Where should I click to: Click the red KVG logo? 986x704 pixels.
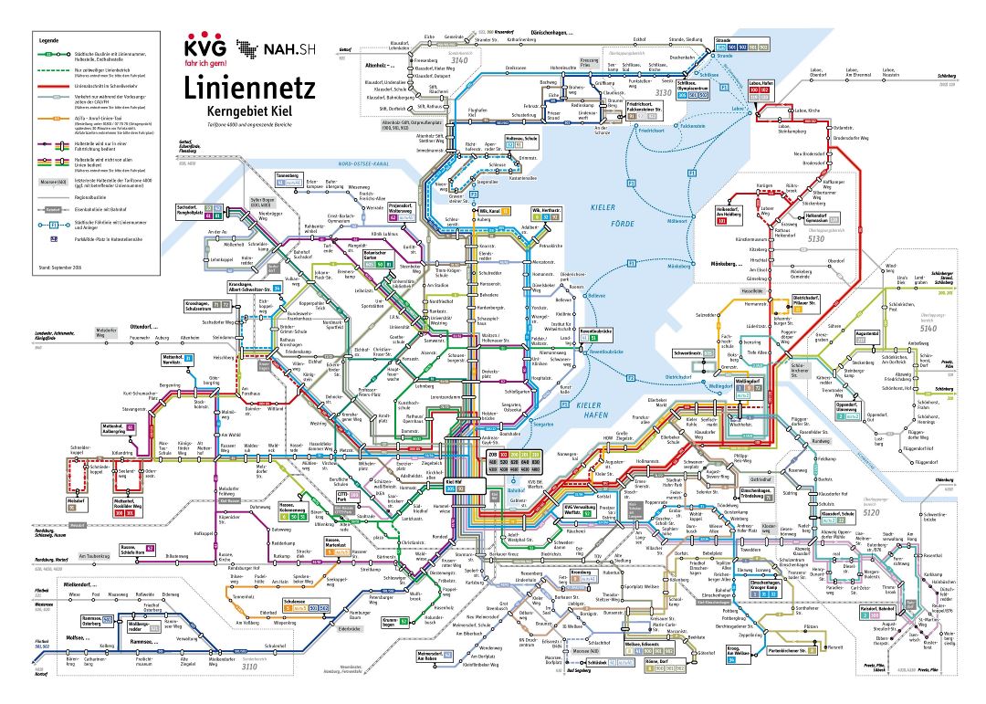pyautogui.click(x=206, y=49)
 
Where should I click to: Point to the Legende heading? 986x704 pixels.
pyautogui.click(x=48, y=41)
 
